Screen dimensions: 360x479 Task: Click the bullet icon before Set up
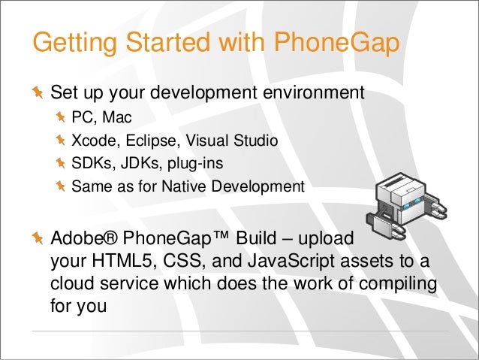[x=38, y=94]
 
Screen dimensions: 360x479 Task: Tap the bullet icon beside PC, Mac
[x=61, y=117]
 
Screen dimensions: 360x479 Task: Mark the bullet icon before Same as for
[x=61, y=185]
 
